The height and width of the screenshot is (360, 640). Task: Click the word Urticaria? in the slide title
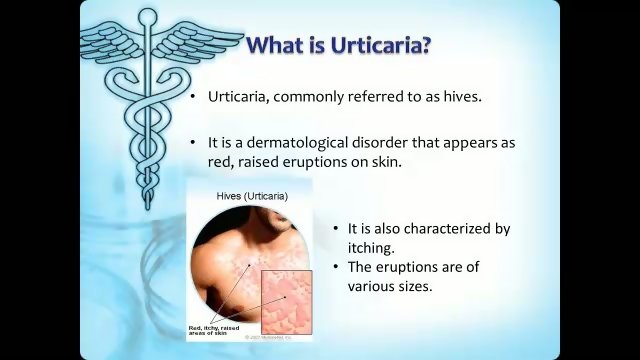pyautogui.click(x=378, y=45)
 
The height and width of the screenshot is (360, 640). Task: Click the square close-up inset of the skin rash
pyautogui.click(x=286, y=299)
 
